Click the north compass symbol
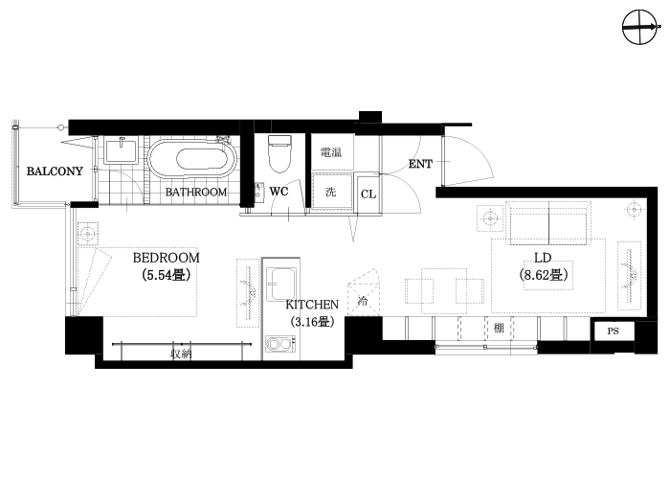coord(639,28)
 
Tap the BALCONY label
coord(55,171)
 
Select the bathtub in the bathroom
coord(192,159)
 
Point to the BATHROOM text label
coord(196,192)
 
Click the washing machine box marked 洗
coord(332,192)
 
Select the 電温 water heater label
coord(331,152)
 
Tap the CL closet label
coord(368,194)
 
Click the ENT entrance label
coord(420,164)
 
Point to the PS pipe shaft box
coord(614,331)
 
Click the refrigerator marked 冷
coord(363,292)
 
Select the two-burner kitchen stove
coord(280,344)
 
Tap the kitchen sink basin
coord(281,285)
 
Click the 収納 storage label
coord(181,354)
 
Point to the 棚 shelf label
coord(499,328)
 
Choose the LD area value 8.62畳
coord(544,275)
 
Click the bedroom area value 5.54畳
coord(166,275)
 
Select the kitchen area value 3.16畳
coord(311,322)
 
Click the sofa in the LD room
coord(548,222)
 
